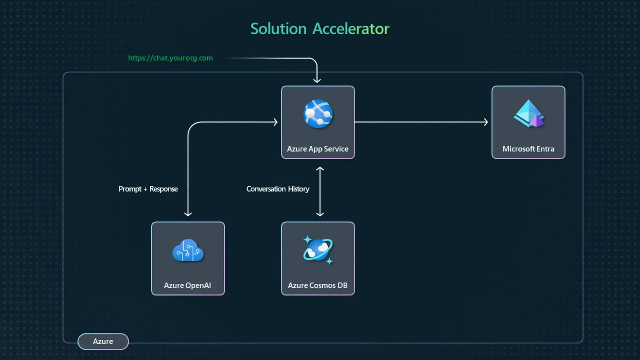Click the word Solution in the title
(x=278, y=29)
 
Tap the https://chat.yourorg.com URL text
(x=170, y=58)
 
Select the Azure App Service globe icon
(x=318, y=114)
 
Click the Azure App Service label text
(x=317, y=149)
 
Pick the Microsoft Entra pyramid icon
(x=528, y=114)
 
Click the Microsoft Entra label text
(x=528, y=149)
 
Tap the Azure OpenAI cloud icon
(x=188, y=251)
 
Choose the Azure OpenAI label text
(x=187, y=285)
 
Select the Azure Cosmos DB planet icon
(x=318, y=250)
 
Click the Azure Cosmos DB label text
(x=317, y=285)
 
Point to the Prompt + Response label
(x=148, y=189)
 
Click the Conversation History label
(x=278, y=189)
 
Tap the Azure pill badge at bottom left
(x=103, y=341)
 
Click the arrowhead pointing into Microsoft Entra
(x=486, y=122)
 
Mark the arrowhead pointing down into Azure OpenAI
(x=188, y=214)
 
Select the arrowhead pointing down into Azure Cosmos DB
(x=320, y=214)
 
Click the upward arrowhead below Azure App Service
(x=320, y=169)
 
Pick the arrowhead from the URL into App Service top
(x=317, y=81)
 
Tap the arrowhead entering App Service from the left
(x=276, y=122)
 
